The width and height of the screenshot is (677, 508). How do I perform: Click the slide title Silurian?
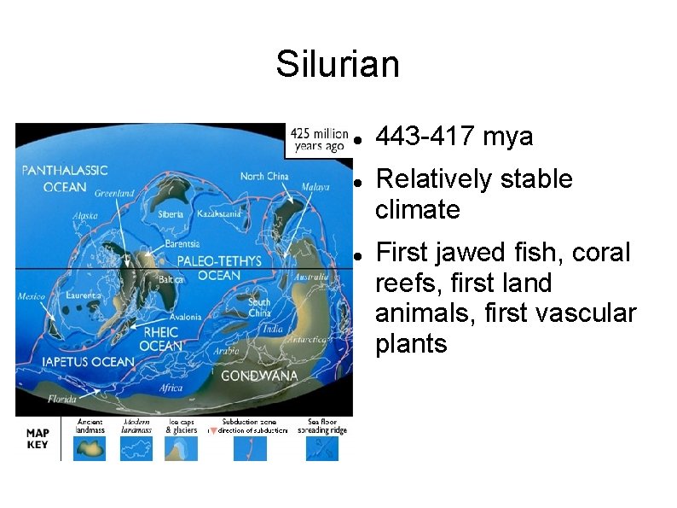(338, 64)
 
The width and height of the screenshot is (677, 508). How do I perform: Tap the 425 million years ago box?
(318, 140)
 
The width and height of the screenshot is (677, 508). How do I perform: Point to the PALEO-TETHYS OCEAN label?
(219, 267)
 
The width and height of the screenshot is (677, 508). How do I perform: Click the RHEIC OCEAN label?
(160, 339)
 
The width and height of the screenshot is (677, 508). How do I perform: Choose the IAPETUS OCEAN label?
(89, 362)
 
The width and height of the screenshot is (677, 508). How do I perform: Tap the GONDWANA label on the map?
(259, 376)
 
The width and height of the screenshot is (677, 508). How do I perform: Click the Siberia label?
(171, 214)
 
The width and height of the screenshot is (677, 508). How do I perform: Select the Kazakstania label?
(220, 213)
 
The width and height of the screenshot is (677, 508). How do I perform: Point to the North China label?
(264, 177)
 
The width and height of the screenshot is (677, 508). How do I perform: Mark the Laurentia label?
(84, 295)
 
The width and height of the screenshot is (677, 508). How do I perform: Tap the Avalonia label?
(185, 317)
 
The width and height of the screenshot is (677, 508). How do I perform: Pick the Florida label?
(61, 399)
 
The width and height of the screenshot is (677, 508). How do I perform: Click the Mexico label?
(32, 297)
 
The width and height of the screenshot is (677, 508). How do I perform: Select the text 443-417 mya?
(454, 137)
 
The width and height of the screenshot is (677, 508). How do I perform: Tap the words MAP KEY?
(38, 439)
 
